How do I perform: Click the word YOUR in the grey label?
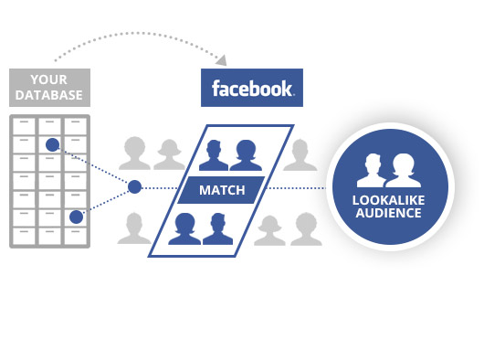(48, 78)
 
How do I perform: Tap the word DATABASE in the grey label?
(48, 94)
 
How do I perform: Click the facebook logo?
(252, 89)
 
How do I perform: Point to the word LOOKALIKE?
(390, 200)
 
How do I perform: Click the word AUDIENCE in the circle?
(390, 214)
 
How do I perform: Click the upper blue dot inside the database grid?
(52, 144)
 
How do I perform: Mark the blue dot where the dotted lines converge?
(135, 187)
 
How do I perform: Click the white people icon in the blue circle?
(389, 171)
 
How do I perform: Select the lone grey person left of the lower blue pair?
(136, 228)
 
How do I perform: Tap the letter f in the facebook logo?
(216, 89)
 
